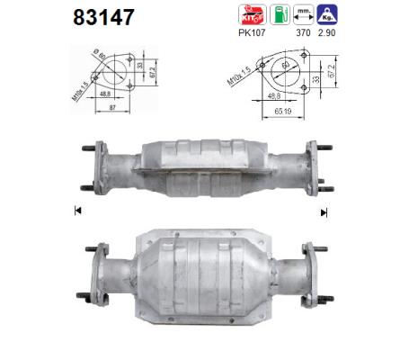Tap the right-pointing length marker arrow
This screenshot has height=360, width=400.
click(x=323, y=212)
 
